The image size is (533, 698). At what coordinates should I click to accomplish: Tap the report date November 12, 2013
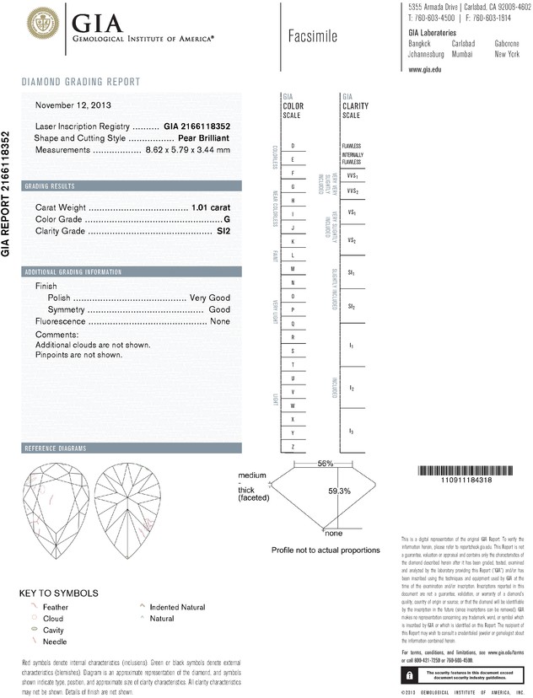[73, 105]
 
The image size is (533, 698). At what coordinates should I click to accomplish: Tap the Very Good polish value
[210, 298]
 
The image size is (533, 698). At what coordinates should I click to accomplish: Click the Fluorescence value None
[220, 322]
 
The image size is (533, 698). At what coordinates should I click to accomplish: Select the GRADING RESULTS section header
[51, 185]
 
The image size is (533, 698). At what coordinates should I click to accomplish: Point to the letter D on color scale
[293, 146]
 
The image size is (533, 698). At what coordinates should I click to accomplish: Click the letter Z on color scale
[293, 446]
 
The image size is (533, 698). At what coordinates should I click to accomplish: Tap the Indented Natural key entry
[177, 606]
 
